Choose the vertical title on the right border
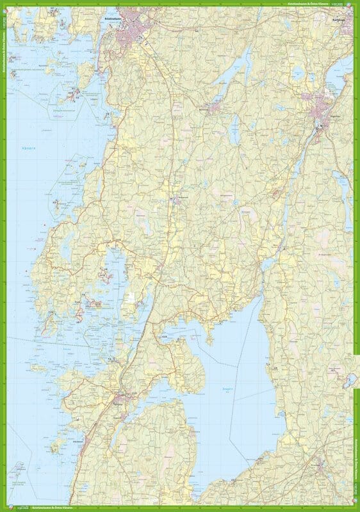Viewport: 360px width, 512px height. pyautogui.click(x=356, y=448)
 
